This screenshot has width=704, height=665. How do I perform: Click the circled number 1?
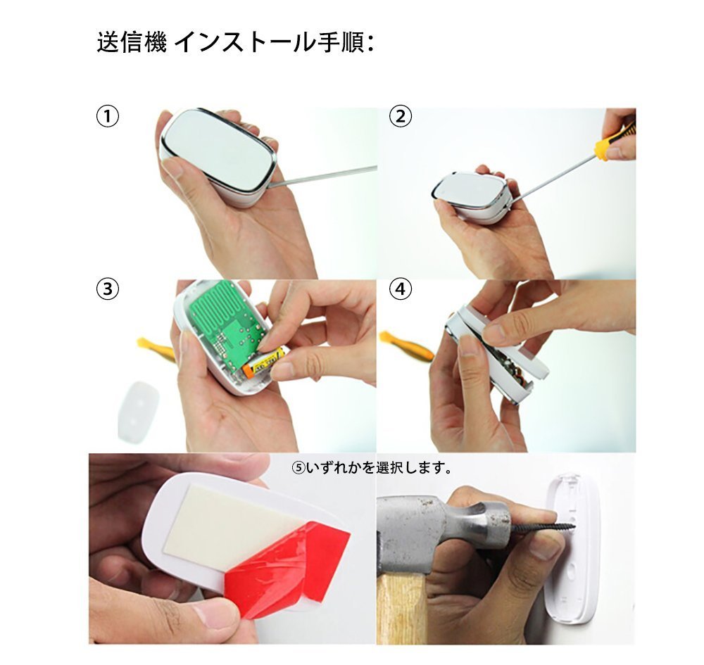[x=108, y=117]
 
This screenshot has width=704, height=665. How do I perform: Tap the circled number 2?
[x=400, y=117]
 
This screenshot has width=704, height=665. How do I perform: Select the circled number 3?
[x=108, y=289]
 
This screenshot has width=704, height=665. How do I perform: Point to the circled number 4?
[x=400, y=289]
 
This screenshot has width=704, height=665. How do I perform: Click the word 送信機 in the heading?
[x=132, y=43]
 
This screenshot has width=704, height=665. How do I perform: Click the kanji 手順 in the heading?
[x=340, y=43]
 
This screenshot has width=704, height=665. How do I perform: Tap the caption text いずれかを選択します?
[x=372, y=468]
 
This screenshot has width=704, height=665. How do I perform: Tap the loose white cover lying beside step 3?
[x=139, y=412]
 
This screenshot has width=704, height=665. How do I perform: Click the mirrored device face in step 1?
[x=219, y=151]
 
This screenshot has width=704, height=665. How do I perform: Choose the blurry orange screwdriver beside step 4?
[x=406, y=345]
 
